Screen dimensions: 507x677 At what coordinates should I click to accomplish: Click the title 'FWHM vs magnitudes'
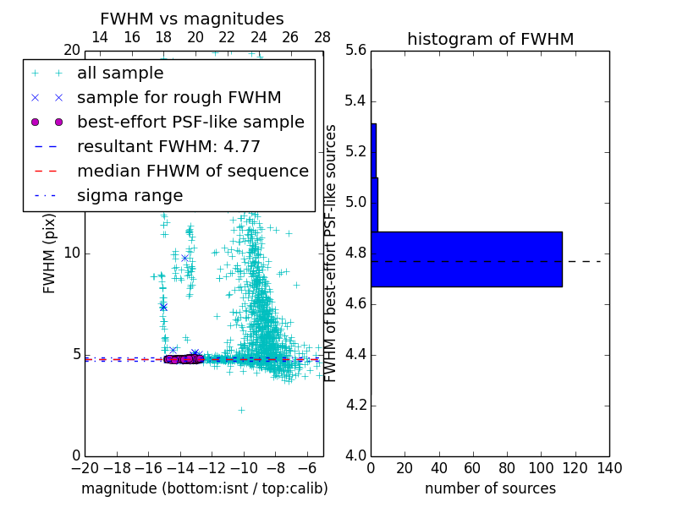click(x=192, y=19)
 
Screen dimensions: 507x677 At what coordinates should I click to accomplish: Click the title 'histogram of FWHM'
click(x=490, y=39)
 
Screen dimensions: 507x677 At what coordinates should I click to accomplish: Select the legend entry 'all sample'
click(x=120, y=74)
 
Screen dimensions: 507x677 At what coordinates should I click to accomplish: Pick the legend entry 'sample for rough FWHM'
click(x=179, y=97)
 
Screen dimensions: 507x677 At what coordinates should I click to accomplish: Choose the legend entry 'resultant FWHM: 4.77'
click(x=168, y=146)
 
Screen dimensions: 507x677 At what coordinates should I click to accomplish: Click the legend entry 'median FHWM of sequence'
click(x=193, y=171)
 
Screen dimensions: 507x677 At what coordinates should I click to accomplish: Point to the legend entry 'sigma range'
click(x=129, y=195)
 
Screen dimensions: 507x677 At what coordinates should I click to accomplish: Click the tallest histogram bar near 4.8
click(x=466, y=259)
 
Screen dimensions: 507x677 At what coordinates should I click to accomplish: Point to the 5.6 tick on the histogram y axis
click(x=356, y=51)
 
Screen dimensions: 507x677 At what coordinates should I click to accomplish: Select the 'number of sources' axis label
click(x=490, y=488)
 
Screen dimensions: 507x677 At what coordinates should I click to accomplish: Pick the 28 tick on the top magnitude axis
click(x=322, y=37)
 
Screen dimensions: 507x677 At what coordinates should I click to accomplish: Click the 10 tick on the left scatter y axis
click(x=71, y=253)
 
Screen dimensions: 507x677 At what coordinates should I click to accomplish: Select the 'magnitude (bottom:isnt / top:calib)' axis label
click(x=204, y=488)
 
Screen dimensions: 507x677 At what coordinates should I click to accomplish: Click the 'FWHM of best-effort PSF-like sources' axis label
click(x=332, y=253)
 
